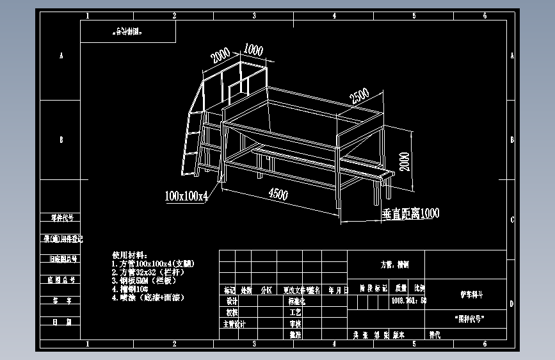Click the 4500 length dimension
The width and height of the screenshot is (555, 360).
coord(277,194)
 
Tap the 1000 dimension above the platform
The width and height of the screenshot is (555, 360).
coord(253,50)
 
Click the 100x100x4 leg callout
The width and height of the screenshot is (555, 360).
coord(186,195)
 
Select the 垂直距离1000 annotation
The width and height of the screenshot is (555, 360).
coord(410,213)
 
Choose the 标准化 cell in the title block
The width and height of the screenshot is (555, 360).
coord(297,300)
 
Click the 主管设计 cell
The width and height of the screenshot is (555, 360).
coord(234,323)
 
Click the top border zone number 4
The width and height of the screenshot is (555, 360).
coord(334,16)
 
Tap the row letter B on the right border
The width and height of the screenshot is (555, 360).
coord(511,139)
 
